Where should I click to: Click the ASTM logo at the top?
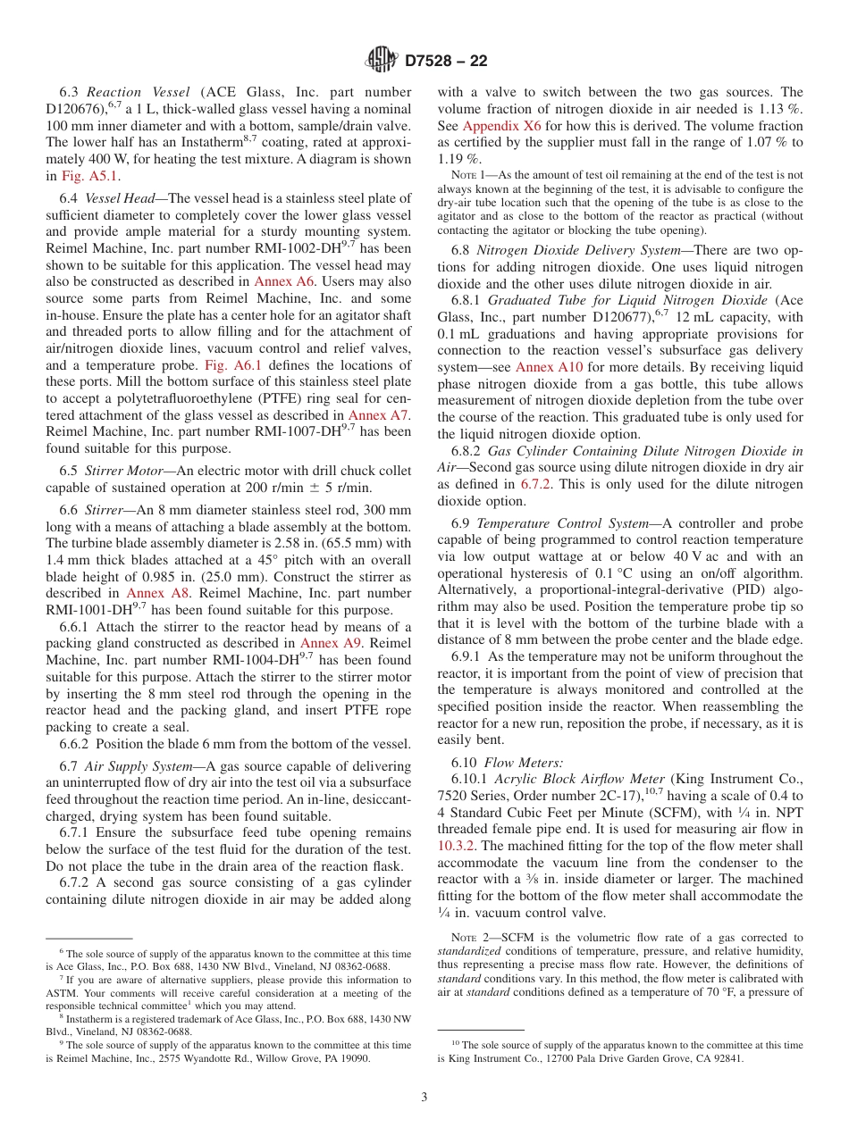click(x=382, y=61)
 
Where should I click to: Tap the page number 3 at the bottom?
click(x=424, y=1097)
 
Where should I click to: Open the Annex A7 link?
click(x=379, y=415)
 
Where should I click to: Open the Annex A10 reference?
click(x=547, y=367)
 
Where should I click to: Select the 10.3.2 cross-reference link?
click(x=456, y=846)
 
